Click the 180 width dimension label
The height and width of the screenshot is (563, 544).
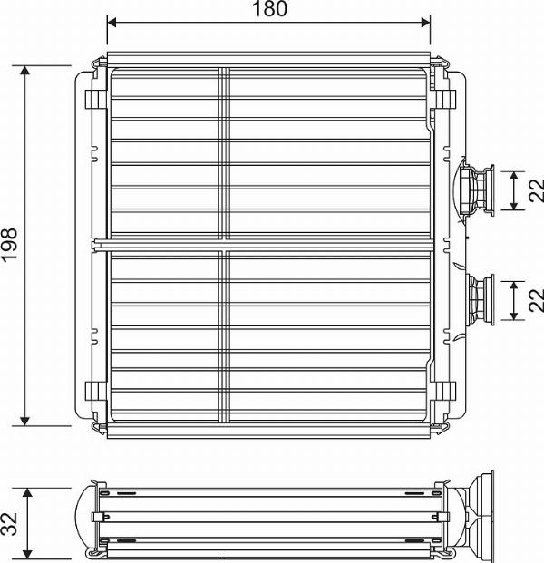[268, 9]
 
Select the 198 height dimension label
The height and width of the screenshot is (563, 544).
[10, 245]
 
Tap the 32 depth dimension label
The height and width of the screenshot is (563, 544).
[10, 523]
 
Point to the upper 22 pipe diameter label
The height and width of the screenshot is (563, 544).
[535, 189]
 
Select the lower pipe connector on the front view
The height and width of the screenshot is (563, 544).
[480, 297]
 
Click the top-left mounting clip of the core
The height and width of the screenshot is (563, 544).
[92, 98]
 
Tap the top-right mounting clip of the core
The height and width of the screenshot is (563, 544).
[447, 98]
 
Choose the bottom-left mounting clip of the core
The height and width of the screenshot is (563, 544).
[92, 392]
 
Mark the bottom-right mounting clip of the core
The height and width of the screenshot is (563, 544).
[447, 392]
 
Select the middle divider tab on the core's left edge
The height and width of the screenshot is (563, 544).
[98, 243]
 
